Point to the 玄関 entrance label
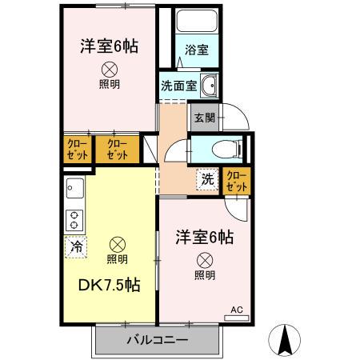[202, 117]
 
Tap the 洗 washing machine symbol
[207, 179]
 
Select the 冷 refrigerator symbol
[75, 248]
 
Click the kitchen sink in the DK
[75, 191]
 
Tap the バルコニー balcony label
[157, 340]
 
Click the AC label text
[236, 309]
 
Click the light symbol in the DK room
[117, 244]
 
